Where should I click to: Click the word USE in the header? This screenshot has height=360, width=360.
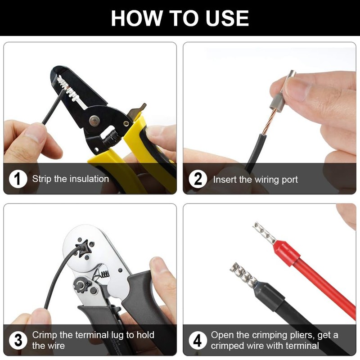point(227,18)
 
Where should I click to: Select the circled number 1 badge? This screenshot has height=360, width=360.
point(18,179)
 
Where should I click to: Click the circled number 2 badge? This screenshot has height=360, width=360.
point(198,179)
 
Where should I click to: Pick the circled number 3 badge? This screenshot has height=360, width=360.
point(18,340)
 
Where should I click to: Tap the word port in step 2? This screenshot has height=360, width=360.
point(289,180)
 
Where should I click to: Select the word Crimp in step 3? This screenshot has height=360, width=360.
point(45,335)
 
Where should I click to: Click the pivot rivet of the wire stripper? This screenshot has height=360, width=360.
point(94,121)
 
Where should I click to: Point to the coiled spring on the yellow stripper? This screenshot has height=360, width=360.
point(111,138)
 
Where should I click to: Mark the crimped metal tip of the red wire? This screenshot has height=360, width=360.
point(265,233)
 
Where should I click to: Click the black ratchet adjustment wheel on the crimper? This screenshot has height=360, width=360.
point(81,285)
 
